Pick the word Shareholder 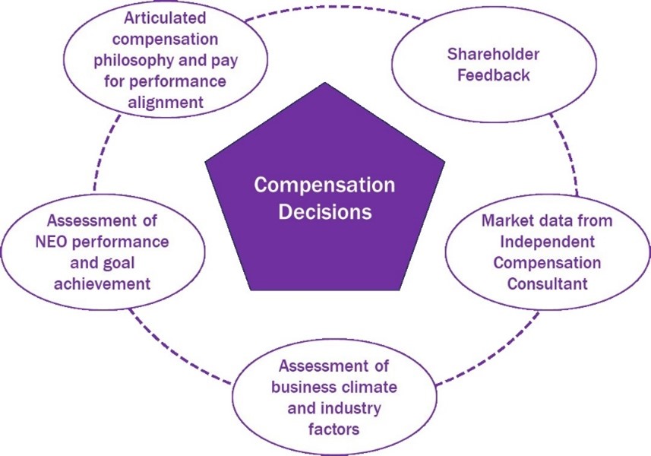[493, 55]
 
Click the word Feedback [493, 76]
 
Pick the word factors [333, 429]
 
